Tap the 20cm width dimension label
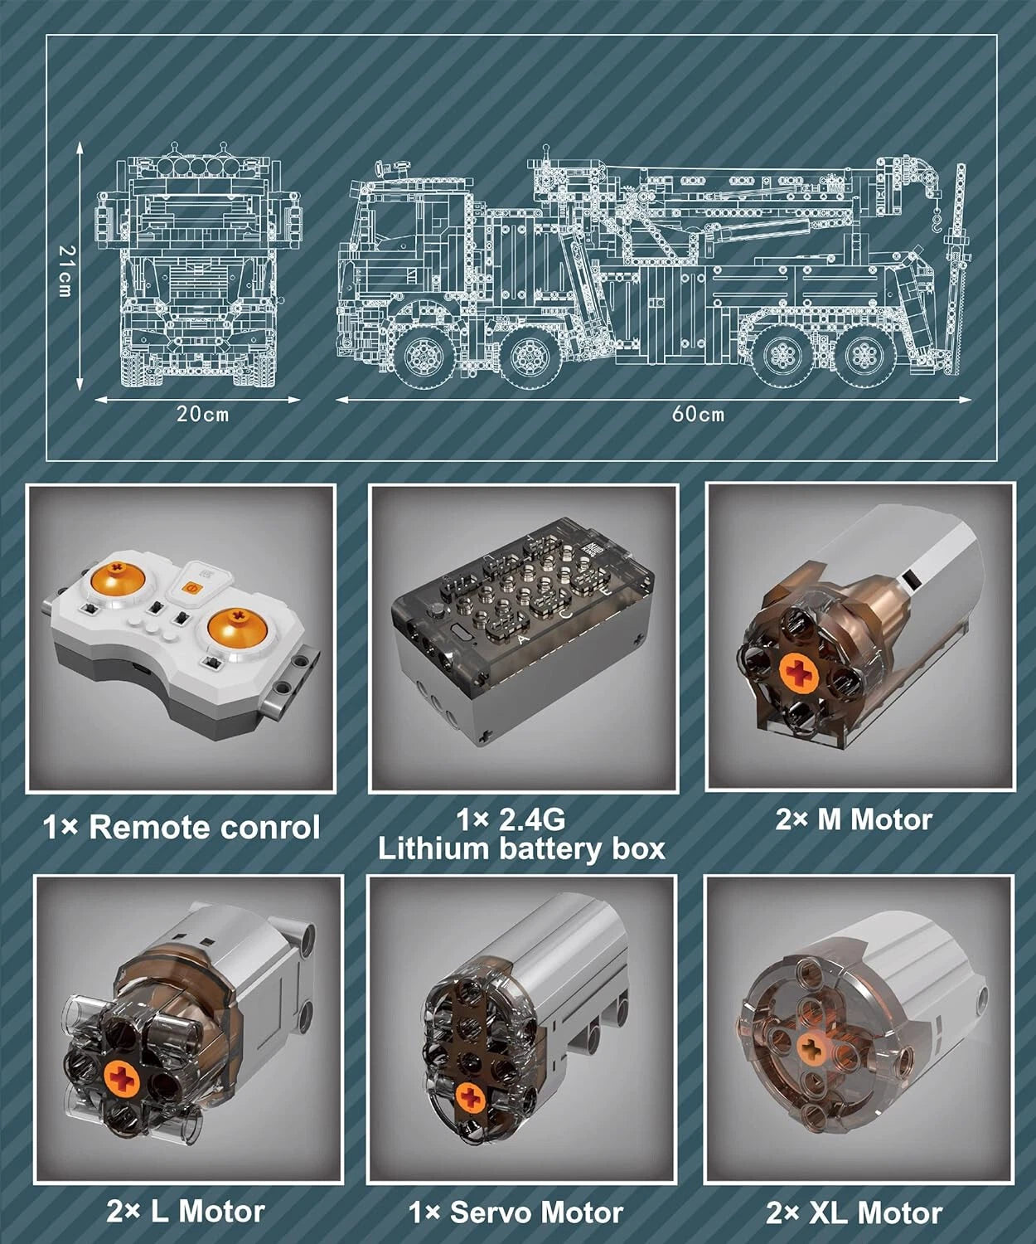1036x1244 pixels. pyautogui.click(x=202, y=414)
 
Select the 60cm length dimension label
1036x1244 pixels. pyautogui.click(x=699, y=414)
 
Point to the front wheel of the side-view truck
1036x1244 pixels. pyautogui.click(x=426, y=356)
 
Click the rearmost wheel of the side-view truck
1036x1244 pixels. pyautogui.click(x=862, y=354)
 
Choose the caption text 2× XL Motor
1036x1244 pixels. pyautogui.click(x=854, y=1212)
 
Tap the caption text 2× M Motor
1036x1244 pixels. pyautogui.click(x=854, y=820)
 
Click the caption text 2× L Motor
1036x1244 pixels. pyautogui.click(x=186, y=1211)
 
